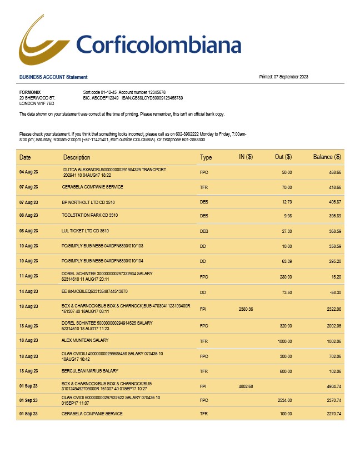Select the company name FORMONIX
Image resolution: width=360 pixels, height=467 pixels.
tap(30, 92)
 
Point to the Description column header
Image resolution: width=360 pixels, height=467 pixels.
tap(77, 157)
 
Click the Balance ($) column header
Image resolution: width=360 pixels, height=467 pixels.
tap(327, 157)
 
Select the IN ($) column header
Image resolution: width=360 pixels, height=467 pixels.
tap(246, 157)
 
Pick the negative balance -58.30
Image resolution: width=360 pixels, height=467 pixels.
tap(334, 291)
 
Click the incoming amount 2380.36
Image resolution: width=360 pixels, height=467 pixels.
tap(246, 309)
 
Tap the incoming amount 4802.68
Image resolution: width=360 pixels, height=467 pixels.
tap(246, 386)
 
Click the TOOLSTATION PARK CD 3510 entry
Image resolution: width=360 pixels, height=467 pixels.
tap(89, 215)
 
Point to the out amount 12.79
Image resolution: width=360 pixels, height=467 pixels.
tap(287, 202)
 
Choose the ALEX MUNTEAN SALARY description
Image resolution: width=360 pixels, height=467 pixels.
tap(85, 340)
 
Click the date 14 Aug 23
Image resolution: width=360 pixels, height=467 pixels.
tap(29, 291)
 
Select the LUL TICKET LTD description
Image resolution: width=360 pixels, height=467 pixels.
tap(85, 230)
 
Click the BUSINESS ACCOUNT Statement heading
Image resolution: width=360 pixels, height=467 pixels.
tap(53, 77)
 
